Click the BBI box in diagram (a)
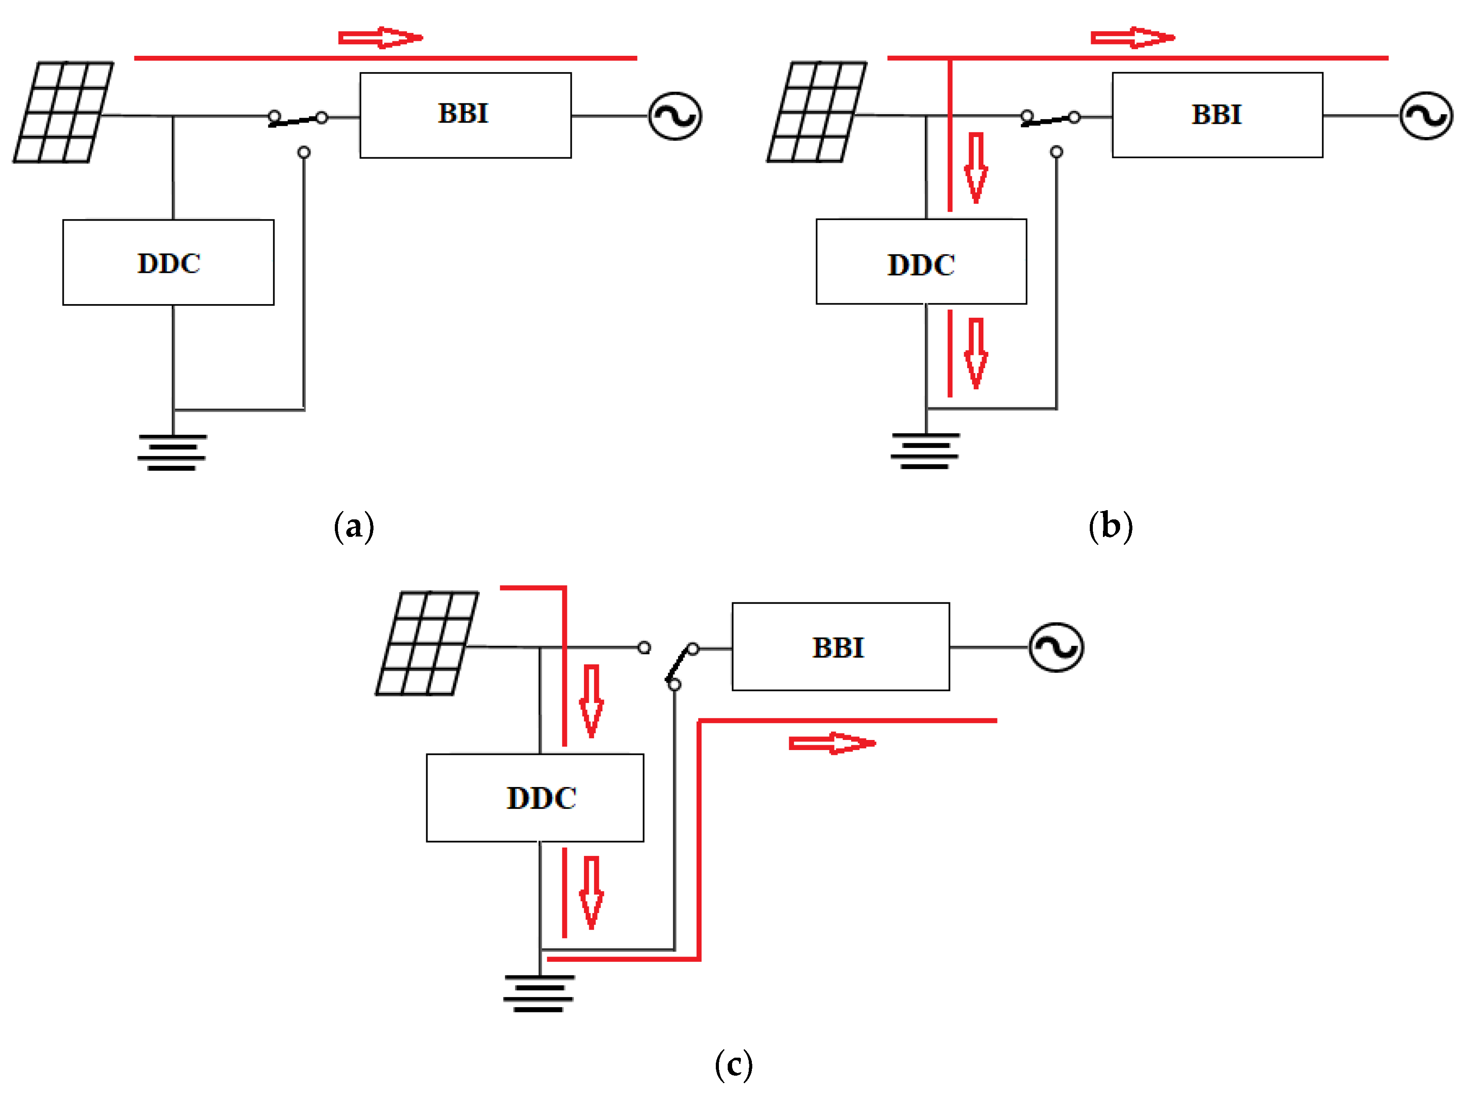point(465,115)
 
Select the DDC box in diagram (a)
point(168,262)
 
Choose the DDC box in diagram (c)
point(534,798)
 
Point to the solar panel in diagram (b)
point(816,112)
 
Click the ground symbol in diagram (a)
point(172,453)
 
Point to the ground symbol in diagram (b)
point(925,451)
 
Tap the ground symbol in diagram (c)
point(538,993)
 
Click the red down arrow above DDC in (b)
point(975,167)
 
